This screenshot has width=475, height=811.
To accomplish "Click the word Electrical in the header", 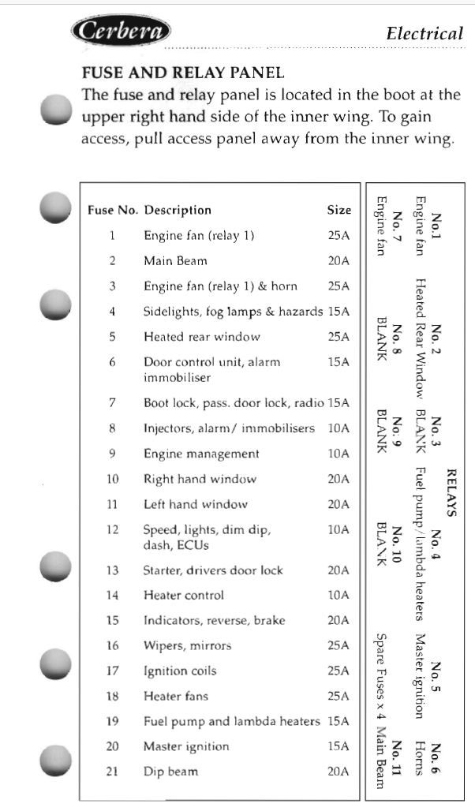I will click(425, 33).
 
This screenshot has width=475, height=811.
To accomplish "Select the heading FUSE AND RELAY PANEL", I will click(183, 73).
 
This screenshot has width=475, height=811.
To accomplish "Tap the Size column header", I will click(339, 210).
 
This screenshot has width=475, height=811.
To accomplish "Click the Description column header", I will click(178, 210).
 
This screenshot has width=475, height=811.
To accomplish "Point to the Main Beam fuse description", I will click(175, 260).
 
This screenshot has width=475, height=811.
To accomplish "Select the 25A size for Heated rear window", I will click(338, 336).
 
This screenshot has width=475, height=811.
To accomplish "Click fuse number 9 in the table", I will click(112, 454).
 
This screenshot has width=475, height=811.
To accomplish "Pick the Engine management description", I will click(201, 454).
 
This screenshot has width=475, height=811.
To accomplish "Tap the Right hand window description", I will click(200, 479).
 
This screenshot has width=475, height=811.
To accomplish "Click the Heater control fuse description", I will click(183, 596).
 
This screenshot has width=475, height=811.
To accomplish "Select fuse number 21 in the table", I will click(112, 772).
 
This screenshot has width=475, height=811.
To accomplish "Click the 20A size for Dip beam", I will click(338, 772).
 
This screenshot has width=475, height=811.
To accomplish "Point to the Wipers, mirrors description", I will click(187, 646).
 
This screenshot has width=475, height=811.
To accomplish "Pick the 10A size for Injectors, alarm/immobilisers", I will click(338, 428).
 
